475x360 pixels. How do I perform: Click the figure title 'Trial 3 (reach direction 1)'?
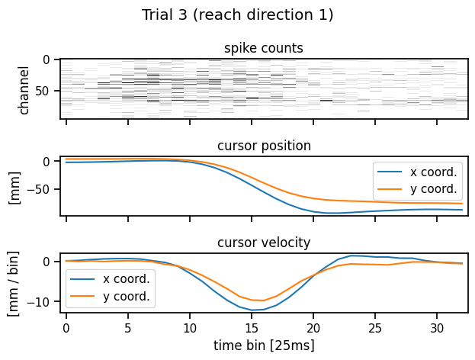click(x=237, y=14)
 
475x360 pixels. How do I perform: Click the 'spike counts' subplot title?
click(x=263, y=49)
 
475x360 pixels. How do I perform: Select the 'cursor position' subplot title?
click(x=263, y=146)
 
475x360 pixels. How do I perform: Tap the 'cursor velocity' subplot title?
click(x=263, y=243)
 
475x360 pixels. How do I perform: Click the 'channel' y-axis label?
click(x=24, y=88)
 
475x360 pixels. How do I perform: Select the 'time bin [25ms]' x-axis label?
click(x=263, y=344)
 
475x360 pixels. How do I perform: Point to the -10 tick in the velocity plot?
click(x=44, y=301)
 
